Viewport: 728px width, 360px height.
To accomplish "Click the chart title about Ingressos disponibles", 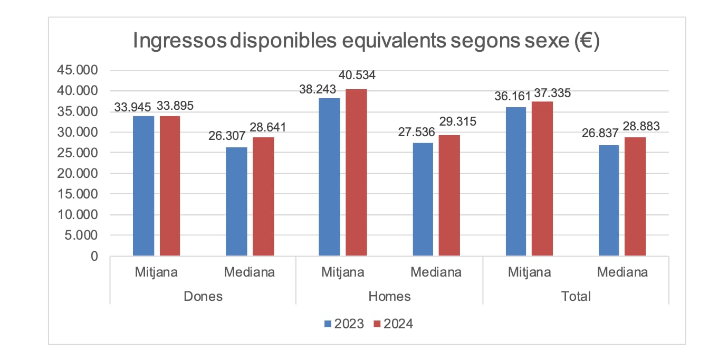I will [x=366, y=42].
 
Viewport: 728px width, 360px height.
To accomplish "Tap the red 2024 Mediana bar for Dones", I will [x=263, y=197].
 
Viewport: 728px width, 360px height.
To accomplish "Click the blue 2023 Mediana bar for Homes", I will [x=423, y=200].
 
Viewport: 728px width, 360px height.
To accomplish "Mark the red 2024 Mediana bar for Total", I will [x=635, y=197].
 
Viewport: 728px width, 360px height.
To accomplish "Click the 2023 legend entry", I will [x=343, y=324].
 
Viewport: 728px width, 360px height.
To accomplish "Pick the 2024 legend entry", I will [x=393, y=324].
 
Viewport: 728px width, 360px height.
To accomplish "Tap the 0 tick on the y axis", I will [x=94, y=257].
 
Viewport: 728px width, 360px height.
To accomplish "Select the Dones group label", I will [x=203, y=296].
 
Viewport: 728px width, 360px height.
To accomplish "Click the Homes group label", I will [x=389, y=296].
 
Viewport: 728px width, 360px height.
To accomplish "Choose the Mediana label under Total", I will [x=622, y=272].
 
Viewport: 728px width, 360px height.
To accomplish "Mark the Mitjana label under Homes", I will [x=343, y=272].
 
